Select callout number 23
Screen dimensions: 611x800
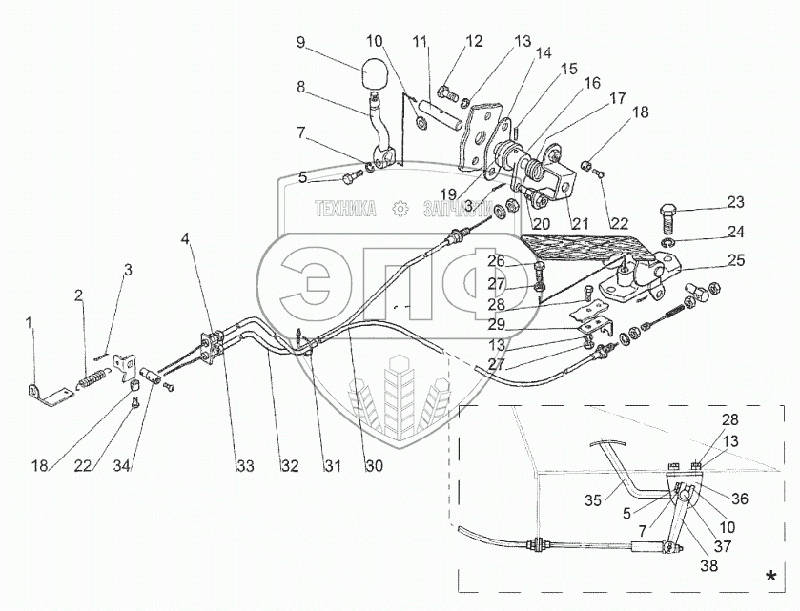734,202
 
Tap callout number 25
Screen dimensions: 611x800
734,259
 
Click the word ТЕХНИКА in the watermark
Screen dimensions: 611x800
346,209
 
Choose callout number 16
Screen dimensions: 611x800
592,84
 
